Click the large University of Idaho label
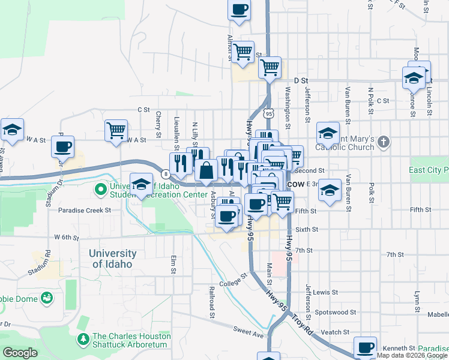point(112,259)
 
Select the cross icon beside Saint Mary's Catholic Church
point(384,143)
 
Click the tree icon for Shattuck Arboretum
point(83,340)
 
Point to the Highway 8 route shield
point(164,175)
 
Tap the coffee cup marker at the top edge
point(239,10)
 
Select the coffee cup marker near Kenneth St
point(365,347)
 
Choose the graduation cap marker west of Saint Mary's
point(328,133)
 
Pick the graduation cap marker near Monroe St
point(413,79)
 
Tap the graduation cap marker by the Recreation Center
point(141,184)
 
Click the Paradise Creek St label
point(85,211)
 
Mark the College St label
point(233,281)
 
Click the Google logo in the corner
point(20,353)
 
